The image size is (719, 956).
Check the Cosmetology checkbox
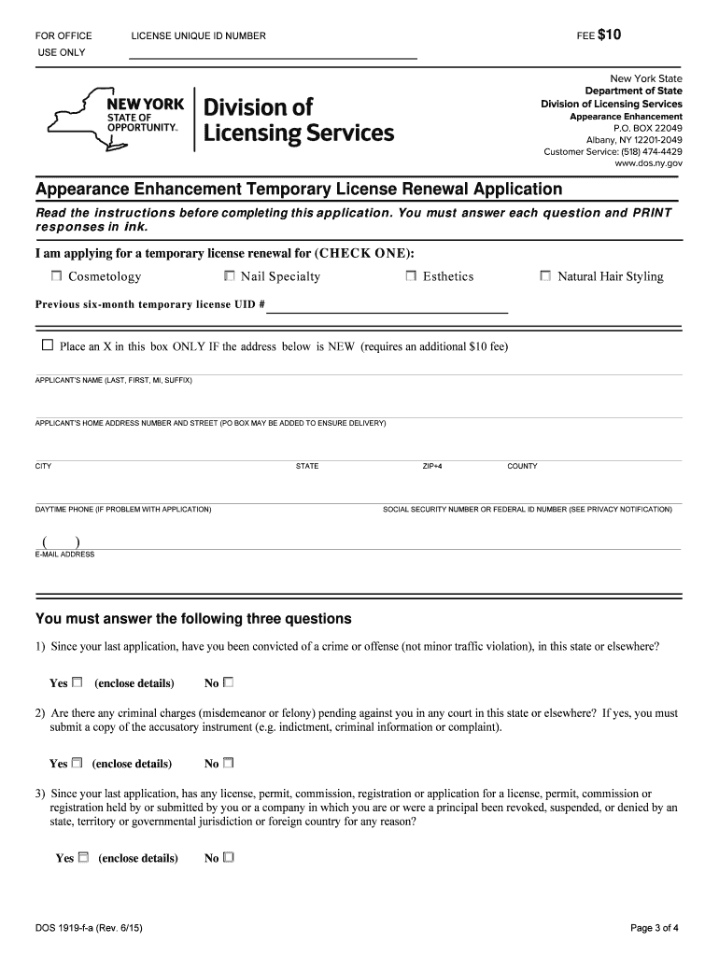57,276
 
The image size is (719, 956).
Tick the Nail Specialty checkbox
230,276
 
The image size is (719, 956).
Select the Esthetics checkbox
412,276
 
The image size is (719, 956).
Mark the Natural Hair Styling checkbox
546,276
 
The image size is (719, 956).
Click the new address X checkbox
48,345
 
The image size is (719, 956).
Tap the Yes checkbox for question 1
78,682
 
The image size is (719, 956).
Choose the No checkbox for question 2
229,763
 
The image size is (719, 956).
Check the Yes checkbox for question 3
83,857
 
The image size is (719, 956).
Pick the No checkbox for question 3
229,857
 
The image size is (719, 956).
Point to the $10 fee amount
610,35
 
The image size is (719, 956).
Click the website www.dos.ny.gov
648,163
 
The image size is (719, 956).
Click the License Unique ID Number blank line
273,58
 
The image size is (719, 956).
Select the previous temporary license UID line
388,311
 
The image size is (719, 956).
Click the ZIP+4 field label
431,466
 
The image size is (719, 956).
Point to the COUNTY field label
522,466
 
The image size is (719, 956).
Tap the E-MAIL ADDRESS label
64,555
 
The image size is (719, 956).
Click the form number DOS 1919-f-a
89,928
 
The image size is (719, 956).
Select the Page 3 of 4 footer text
655,928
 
